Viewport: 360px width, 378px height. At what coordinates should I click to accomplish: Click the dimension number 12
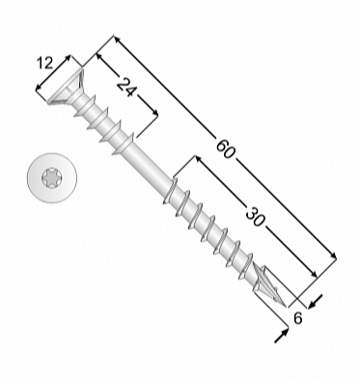pyautogui.click(x=44, y=63)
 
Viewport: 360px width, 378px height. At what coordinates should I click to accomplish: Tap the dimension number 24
pyautogui.click(x=125, y=87)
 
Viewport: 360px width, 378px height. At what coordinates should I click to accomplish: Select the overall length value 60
pyautogui.click(x=226, y=148)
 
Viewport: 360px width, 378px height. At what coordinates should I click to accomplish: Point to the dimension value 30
pyautogui.click(x=256, y=218)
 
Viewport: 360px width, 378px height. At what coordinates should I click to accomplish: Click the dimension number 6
pyautogui.click(x=298, y=318)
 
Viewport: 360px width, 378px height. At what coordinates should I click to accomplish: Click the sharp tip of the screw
pyautogui.click(x=286, y=307)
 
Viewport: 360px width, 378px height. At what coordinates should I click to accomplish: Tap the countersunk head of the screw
pyautogui.click(x=67, y=88)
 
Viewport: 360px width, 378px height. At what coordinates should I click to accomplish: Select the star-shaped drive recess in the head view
pyautogui.click(x=52, y=177)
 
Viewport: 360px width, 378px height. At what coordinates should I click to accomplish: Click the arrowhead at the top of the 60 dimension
pyautogui.click(x=117, y=40)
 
